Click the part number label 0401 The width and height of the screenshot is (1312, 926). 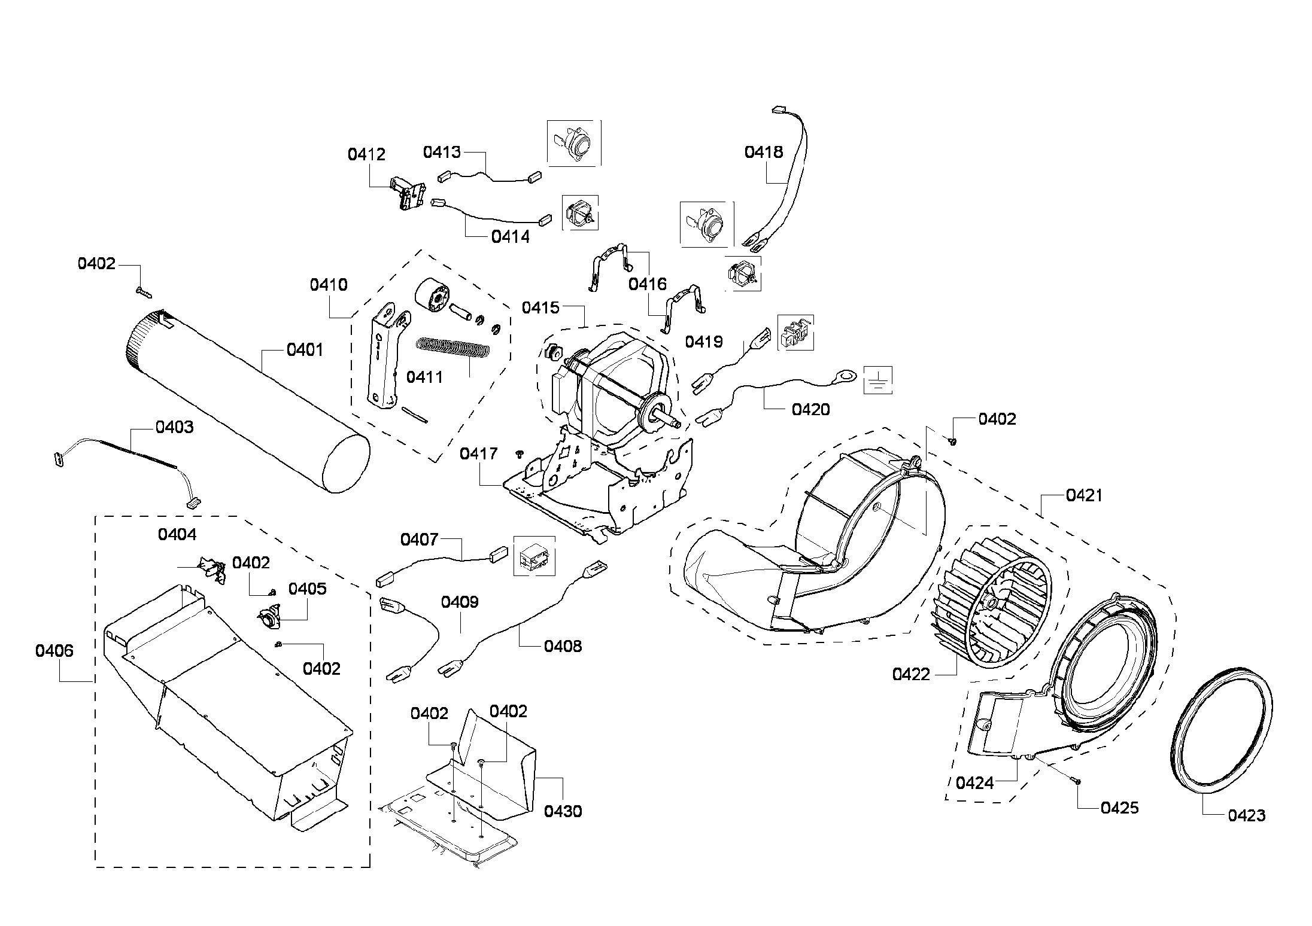point(305,349)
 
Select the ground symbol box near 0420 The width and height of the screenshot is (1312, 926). point(877,380)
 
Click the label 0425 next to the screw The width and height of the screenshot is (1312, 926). point(1119,808)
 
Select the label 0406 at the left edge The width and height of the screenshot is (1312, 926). point(54,651)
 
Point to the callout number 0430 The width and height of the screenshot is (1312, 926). point(563,811)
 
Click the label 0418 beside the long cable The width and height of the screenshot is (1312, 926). point(763,152)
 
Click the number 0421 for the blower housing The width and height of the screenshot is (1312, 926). point(1084,495)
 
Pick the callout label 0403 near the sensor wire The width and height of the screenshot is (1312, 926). point(174,427)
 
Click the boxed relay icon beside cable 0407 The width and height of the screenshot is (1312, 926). point(534,556)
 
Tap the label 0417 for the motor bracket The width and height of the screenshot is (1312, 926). point(478,453)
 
